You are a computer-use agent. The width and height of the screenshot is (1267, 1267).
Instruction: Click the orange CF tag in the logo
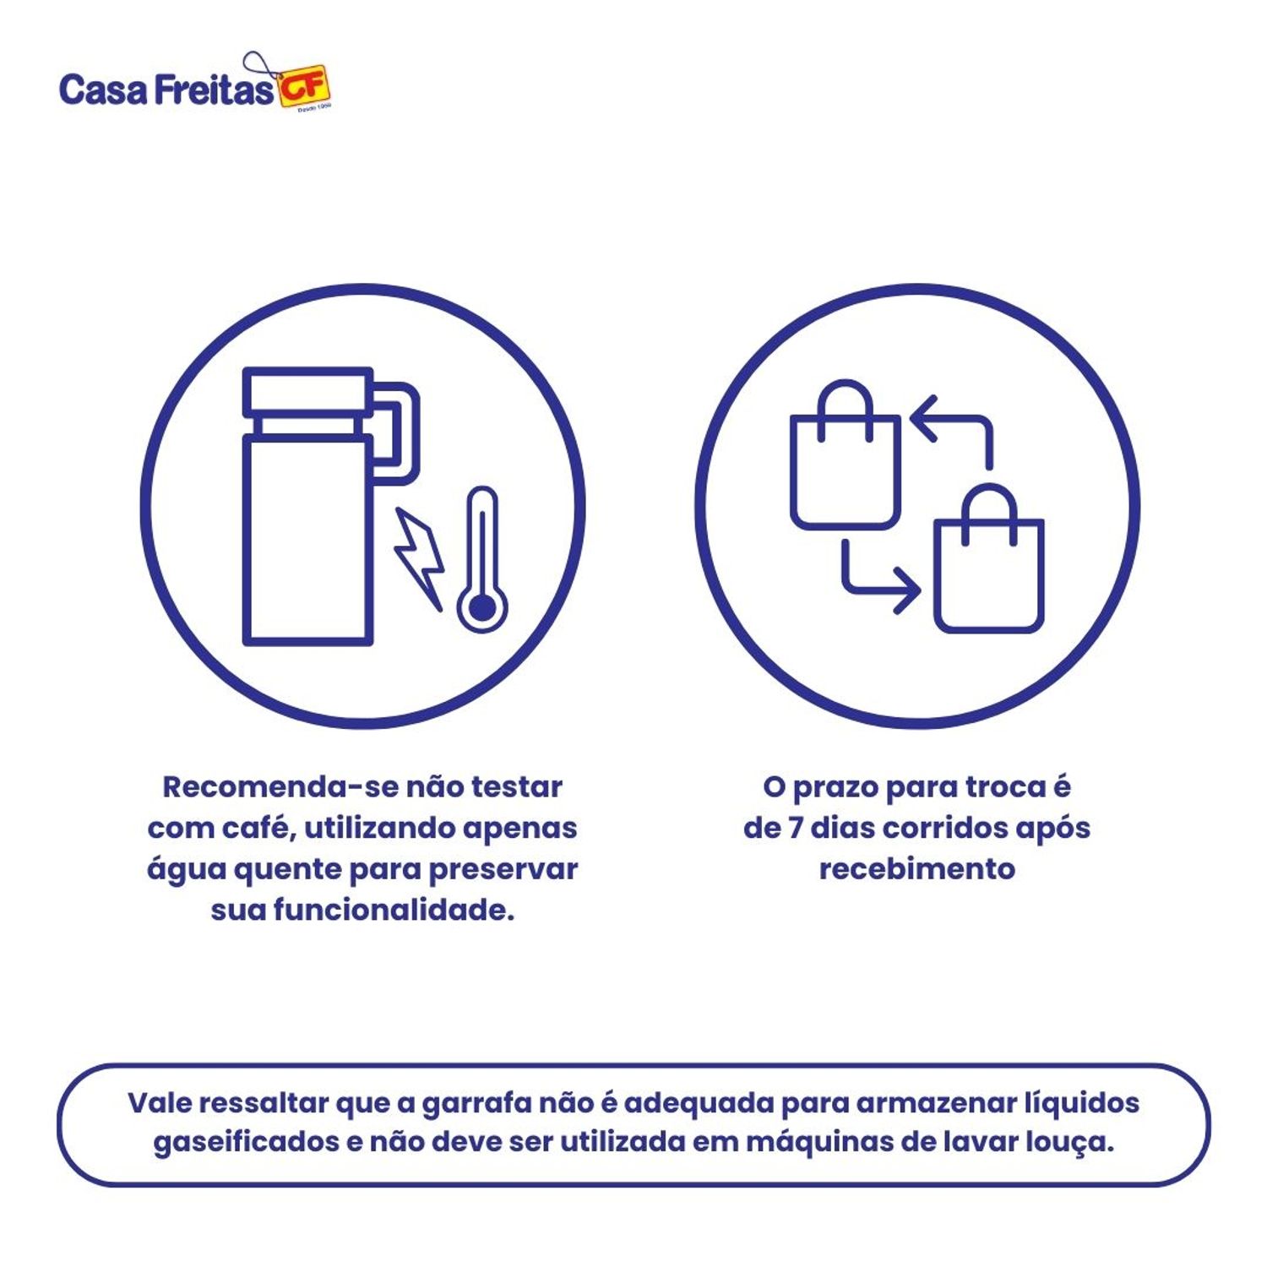coord(304,87)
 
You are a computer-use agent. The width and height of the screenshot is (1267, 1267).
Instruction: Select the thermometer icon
coord(481,562)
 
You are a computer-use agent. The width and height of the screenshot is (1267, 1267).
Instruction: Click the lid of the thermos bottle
coord(307,392)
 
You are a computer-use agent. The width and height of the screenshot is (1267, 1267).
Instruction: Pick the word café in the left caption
coord(257,829)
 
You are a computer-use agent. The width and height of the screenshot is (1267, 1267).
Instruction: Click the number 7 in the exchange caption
coord(795,829)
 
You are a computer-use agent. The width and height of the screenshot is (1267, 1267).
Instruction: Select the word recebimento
coord(917,869)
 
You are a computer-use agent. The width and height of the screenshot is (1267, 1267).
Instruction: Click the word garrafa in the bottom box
coord(476,1103)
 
